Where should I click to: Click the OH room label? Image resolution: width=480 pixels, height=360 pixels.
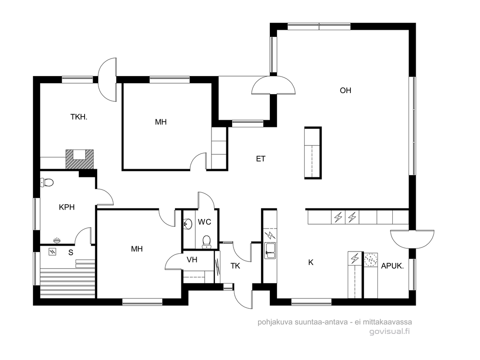(345, 90)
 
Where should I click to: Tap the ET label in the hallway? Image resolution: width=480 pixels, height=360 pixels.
(260, 159)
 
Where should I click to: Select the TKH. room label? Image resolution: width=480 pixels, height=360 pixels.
(79, 117)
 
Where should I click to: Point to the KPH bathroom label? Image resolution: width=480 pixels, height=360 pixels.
(67, 207)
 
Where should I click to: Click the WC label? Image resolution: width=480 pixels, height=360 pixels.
(205, 222)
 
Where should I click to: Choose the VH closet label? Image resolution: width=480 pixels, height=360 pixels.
(192, 260)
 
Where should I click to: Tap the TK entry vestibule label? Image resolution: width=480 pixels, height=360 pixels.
(235, 266)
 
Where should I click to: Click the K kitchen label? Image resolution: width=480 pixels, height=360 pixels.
(311, 262)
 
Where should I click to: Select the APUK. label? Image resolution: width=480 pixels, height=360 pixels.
(392, 266)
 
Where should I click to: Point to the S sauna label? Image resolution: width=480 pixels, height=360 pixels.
(71, 252)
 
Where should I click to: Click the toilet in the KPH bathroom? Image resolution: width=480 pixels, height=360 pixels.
(47, 182)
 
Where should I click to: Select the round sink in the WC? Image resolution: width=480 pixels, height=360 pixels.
(187, 224)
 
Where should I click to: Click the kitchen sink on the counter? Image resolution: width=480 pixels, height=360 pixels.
(270, 251)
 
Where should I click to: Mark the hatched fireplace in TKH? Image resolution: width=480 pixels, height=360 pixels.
(80, 159)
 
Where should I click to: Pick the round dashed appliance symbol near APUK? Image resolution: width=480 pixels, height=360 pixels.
(371, 260)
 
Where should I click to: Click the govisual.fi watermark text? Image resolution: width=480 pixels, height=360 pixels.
(390, 332)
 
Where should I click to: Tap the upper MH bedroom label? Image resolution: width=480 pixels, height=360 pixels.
(161, 122)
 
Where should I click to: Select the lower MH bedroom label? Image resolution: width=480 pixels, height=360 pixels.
(137, 249)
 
